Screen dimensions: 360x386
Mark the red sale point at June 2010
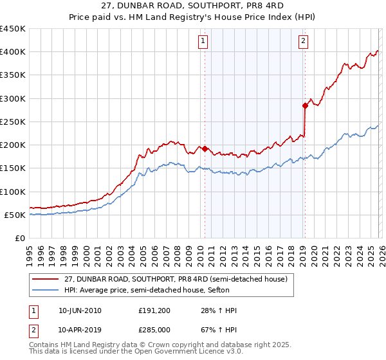click(205, 149)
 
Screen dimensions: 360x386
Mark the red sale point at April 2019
click(304, 105)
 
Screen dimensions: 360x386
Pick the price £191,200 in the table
click(154, 310)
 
